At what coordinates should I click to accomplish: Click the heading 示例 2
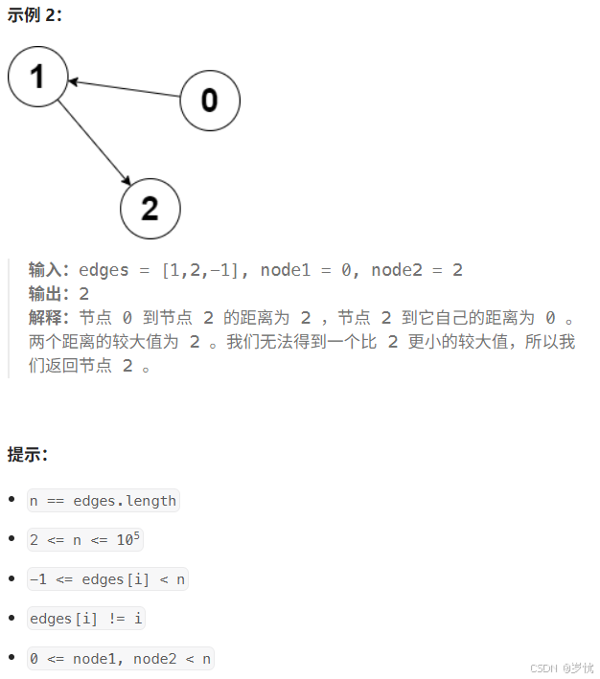pos(35,14)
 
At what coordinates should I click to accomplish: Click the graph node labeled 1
pos(37,77)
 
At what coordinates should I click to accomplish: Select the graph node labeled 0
pos(210,100)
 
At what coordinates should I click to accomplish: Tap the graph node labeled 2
pos(150,208)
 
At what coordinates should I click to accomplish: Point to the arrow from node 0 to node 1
pos(125,89)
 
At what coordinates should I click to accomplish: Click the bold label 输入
pos(50,270)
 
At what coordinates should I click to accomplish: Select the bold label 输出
pos(50,294)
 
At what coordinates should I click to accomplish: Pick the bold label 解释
pos(50,318)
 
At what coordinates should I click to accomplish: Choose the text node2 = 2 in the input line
pos(417,270)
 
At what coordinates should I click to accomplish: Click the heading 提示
pos(28,454)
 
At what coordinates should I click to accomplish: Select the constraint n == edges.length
pos(104,501)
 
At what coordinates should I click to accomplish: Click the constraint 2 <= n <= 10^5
pos(85,540)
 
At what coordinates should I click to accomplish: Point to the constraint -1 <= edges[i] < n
pos(107,579)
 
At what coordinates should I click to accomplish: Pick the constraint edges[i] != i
pos(86,619)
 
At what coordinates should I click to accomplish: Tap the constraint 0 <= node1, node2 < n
pos(120,658)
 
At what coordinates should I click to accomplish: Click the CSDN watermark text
pos(561,667)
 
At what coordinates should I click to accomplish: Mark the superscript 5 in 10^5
pos(136,535)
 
